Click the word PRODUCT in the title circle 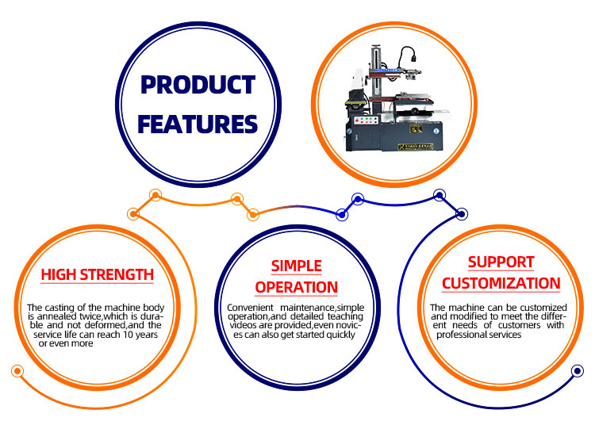198,86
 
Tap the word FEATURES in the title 198,124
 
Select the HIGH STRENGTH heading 98,275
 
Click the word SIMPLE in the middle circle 297,266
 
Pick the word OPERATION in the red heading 297,287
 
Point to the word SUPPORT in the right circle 501,262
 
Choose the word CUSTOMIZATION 501,283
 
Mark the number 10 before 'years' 131,334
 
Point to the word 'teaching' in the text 344,316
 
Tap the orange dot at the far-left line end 16,371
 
